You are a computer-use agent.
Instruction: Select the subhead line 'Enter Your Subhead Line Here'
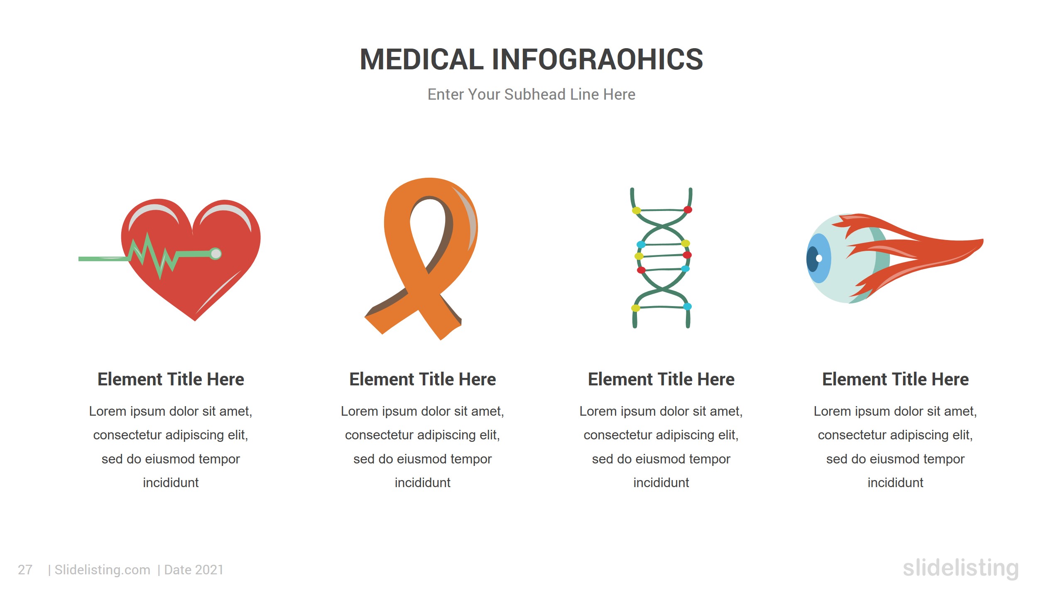point(531,95)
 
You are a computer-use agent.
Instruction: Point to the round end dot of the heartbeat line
point(216,253)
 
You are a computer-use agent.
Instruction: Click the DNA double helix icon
point(662,257)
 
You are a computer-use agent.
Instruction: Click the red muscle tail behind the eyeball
point(922,253)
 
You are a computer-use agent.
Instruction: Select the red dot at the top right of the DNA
point(688,210)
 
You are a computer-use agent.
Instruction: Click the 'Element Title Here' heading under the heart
point(171,379)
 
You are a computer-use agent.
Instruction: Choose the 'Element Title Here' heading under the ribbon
point(422,379)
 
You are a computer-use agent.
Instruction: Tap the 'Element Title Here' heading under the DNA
point(661,379)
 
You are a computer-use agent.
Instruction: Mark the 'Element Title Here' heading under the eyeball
point(895,379)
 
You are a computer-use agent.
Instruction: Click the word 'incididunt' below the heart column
point(171,483)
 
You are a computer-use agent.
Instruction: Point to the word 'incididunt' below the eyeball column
point(895,483)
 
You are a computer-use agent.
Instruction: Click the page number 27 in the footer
point(25,570)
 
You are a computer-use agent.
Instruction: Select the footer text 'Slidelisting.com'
point(102,570)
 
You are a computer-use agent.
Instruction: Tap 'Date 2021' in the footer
point(194,570)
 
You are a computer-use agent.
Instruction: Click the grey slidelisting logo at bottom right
point(960,568)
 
